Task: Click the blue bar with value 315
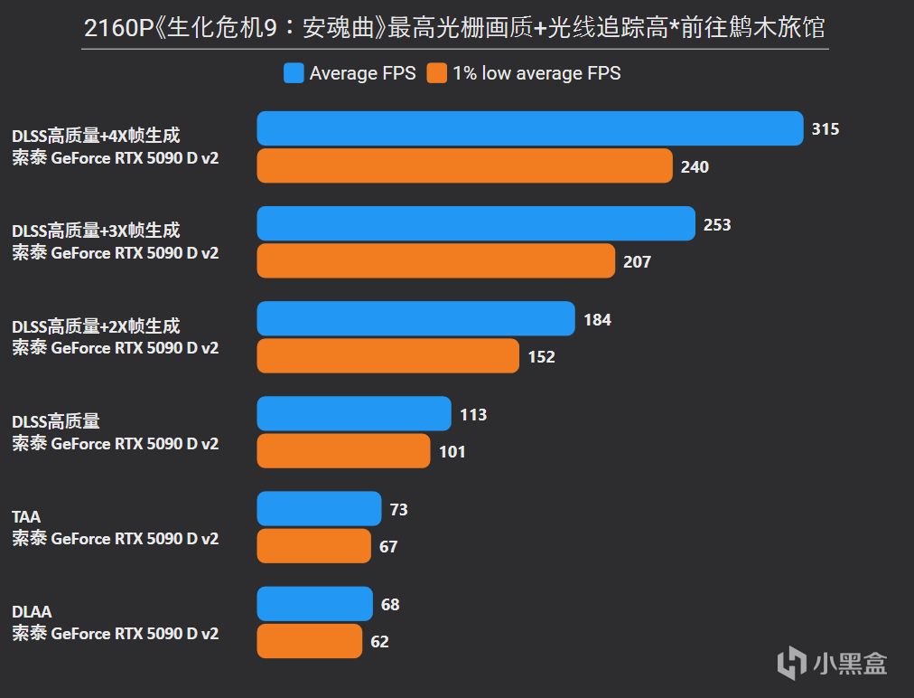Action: pos(530,128)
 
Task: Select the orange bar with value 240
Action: pos(464,166)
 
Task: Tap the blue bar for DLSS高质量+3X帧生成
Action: pos(476,224)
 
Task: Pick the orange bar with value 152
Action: pos(387,356)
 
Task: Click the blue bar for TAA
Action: pos(319,509)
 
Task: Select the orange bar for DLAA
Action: pos(309,641)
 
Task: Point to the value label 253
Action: pos(717,224)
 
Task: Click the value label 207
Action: pos(637,262)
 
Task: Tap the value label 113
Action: pos(473,414)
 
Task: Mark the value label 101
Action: pos(452,451)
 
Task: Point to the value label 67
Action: pos(388,546)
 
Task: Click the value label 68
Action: pos(390,604)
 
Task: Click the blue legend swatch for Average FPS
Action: pos(294,73)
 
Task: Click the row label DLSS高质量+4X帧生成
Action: pos(96,136)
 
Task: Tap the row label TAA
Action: pos(26,517)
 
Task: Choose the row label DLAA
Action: pos(32,612)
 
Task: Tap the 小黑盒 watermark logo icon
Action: pos(791,663)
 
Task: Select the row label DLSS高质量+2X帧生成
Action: pos(96,326)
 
